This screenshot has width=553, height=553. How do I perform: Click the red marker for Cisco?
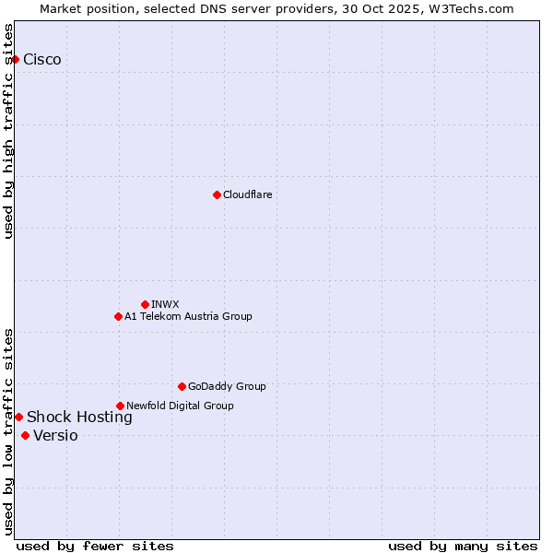15,60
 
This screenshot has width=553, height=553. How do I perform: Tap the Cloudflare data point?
217,194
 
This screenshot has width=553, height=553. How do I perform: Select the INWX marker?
145,304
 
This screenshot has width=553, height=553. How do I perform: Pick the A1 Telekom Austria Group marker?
118,316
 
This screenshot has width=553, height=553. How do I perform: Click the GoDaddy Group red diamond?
182,386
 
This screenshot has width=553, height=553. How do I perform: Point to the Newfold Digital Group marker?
120,406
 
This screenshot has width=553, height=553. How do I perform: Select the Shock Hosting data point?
18,418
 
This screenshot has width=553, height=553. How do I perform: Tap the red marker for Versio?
25,435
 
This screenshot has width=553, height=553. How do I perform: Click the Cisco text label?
42,60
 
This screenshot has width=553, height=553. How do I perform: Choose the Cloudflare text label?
248,194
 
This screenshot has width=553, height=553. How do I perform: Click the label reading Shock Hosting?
79,418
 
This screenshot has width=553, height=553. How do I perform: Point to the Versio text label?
55,436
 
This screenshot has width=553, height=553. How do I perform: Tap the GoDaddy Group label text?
227,386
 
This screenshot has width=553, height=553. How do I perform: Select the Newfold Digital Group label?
180,406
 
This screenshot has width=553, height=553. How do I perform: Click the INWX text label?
166,304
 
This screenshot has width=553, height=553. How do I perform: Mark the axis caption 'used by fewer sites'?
95,546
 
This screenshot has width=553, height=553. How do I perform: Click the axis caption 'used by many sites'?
463,546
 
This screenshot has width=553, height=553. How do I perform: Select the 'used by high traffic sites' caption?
9,131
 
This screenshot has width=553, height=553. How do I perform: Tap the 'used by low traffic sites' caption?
9,431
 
